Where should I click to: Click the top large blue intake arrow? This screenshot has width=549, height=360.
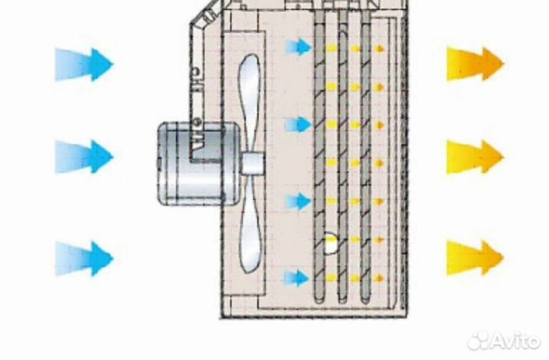pyautogui.click(x=84, y=65)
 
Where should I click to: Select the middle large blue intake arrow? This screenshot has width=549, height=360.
pyautogui.click(x=84, y=156)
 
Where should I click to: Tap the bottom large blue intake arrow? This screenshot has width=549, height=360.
pyautogui.click(x=84, y=259)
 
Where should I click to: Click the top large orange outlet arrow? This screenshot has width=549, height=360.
pyautogui.click(x=476, y=64)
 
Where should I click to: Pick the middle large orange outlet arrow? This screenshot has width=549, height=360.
pyautogui.click(x=476, y=156)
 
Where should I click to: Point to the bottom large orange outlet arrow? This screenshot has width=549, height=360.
pyautogui.click(x=476, y=258)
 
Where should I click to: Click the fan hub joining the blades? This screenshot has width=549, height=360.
pyautogui.click(x=253, y=163)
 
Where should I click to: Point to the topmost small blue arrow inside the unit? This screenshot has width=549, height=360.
pyautogui.click(x=298, y=47)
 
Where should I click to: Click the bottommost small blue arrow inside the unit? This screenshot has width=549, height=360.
pyautogui.click(x=297, y=278)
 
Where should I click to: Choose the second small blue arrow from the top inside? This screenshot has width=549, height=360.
pyautogui.click(x=298, y=125)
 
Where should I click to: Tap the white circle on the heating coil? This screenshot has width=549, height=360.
pyautogui.click(x=330, y=243)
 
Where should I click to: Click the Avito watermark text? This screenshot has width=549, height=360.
pyautogui.click(x=516, y=340)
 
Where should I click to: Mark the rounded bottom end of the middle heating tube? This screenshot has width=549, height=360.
pyautogui.click(x=342, y=300)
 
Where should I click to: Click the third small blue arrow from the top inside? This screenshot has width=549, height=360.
pyautogui.click(x=298, y=201)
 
